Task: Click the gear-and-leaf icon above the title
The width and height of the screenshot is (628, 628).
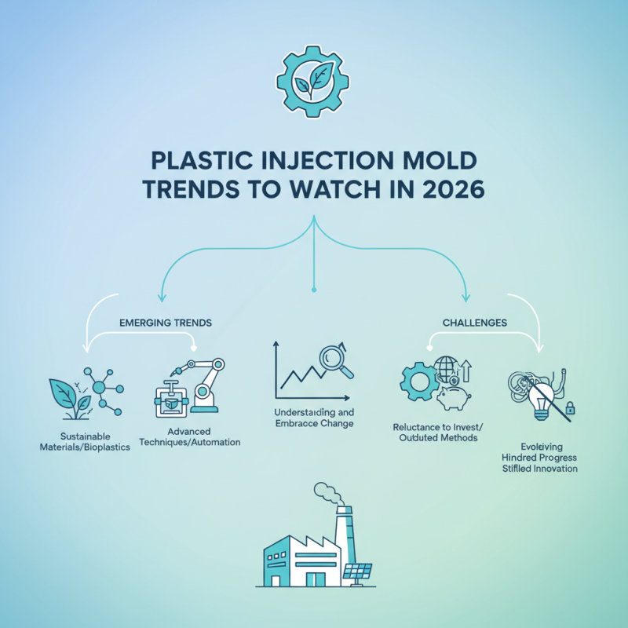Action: tap(314, 81)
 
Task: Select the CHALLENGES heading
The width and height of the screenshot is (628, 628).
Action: tap(474, 322)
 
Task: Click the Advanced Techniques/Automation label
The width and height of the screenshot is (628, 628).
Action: tap(193, 436)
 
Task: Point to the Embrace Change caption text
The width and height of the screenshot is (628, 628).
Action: tap(314, 423)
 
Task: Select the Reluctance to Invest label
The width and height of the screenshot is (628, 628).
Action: tap(438, 425)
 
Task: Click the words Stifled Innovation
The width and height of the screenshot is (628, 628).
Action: tap(540, 468)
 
